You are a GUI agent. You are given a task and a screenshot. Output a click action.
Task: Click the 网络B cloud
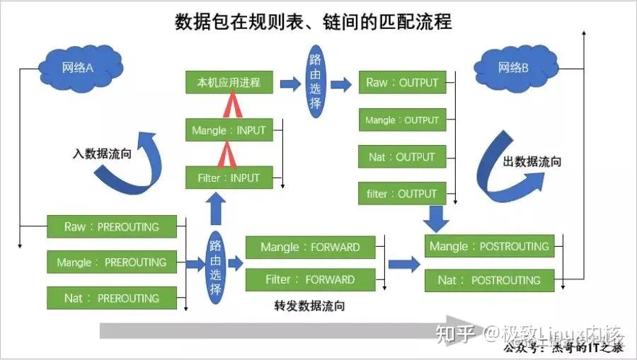pyautogui.click(x=514, y=68)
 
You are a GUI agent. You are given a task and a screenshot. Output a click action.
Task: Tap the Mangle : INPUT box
pyautogui.click(x=229, y=131)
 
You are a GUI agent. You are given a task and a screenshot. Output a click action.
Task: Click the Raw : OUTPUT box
pyautogui.click(x=402, y=83)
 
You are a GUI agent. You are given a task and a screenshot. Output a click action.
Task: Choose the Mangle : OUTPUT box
pyautogui.click(x=402, y=120)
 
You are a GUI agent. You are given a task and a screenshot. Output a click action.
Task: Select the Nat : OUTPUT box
pyautogui.click(x=402, y=157)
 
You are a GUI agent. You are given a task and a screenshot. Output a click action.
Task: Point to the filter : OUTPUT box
pyautogui.click(x=402, y=194)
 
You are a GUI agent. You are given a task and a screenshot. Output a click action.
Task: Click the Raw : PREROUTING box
pyautogui.click(x=112, y=227)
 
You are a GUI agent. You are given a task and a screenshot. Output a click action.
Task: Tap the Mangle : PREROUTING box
pyautogui.click(x=112, y=262)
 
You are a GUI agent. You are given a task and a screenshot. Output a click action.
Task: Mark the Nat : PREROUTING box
pyautogui.click(x=112, y=298)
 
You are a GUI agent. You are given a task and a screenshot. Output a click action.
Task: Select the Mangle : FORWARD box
pyautogui.click(x=310, y=248)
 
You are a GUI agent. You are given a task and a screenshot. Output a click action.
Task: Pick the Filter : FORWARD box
pyautogui.click(x=310, y=280)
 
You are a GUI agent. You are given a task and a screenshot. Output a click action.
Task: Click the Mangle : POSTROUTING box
pyautogui.click(x=489, y=247)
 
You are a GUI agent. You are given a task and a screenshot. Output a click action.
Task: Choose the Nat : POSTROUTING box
pyautogui.click(x=489, y=280)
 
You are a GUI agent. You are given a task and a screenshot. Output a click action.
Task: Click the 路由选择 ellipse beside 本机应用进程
pyautogui.click(x=315, y=83)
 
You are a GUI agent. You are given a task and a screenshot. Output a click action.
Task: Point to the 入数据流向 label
pyautogui.click(x=101, y=153)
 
